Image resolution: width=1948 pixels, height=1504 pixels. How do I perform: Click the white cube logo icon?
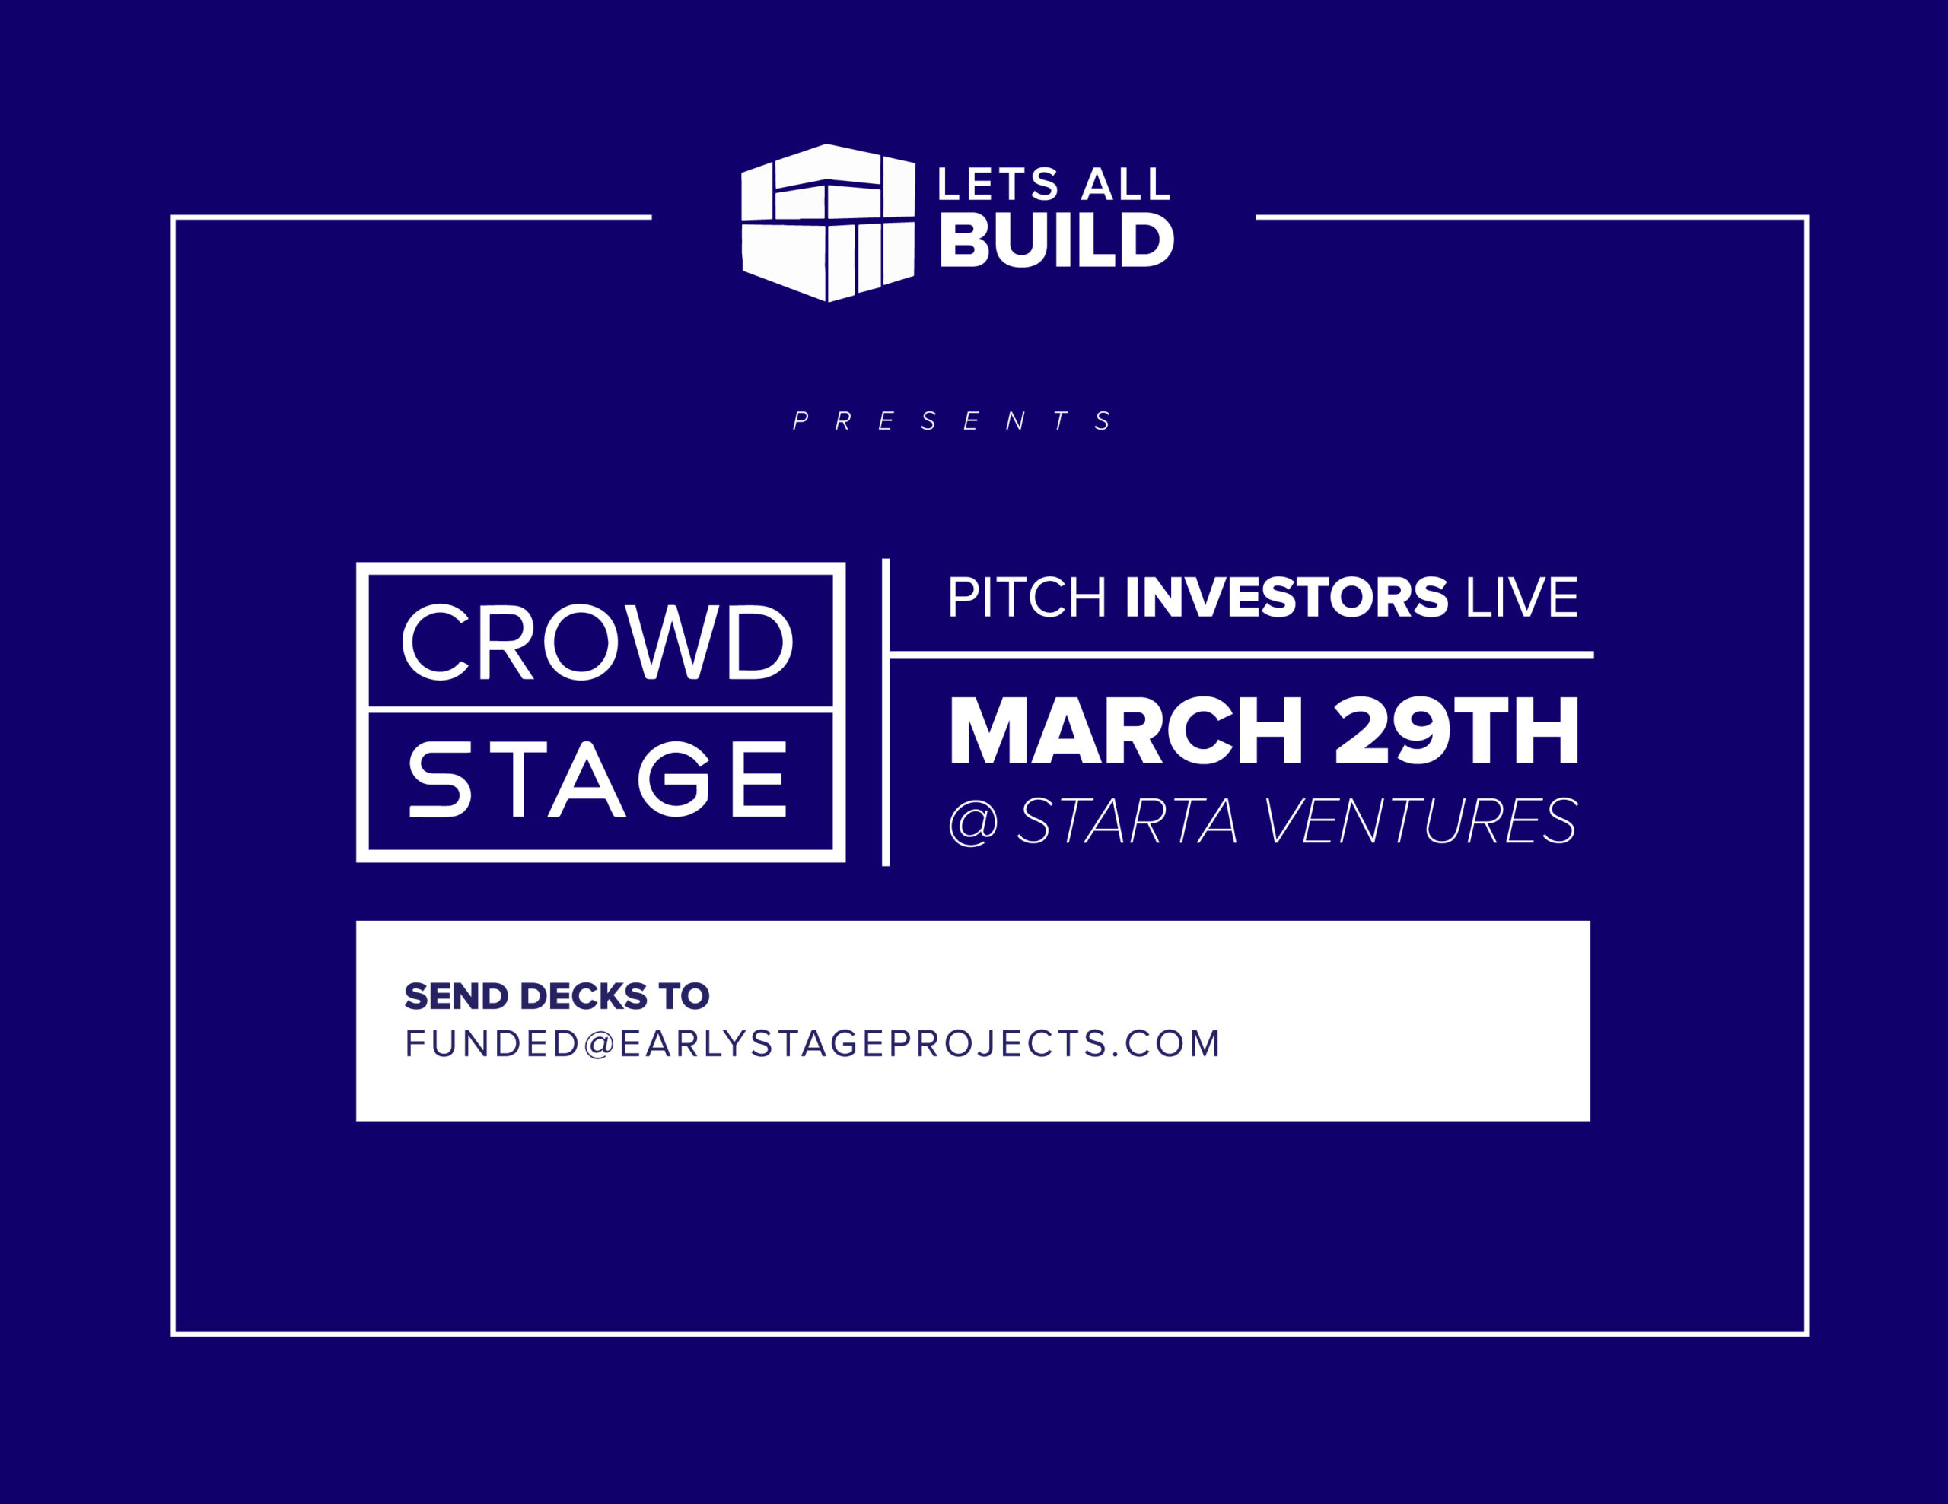828,223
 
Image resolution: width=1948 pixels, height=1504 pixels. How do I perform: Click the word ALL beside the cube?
1125,185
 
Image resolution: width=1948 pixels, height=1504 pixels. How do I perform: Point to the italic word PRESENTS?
953,420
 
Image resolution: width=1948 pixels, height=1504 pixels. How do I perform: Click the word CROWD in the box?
597,642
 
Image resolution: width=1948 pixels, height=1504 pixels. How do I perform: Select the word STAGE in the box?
597,779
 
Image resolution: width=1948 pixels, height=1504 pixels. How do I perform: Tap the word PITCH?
1027,598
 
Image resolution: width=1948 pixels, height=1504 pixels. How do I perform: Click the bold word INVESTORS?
1286,598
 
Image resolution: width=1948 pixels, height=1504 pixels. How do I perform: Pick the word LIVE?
1522,598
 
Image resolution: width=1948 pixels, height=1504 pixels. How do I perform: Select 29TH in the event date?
1456,730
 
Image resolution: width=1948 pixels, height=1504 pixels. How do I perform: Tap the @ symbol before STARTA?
973,822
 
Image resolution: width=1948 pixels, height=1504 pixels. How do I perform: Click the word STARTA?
1128,821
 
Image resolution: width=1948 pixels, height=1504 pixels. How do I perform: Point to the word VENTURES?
1421,821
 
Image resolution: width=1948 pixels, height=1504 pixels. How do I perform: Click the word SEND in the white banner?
457,996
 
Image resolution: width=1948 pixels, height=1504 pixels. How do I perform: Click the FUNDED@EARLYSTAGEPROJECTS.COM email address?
813,1043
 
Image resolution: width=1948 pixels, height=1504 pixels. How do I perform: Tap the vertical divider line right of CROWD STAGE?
886,712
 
